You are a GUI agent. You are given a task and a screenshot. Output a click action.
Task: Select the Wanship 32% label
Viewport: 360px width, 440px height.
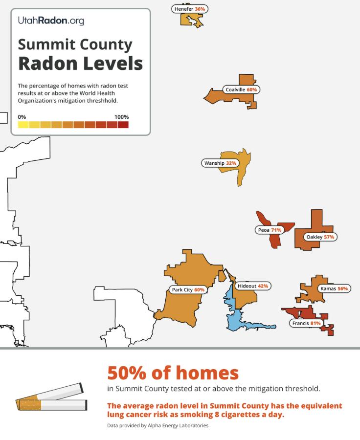tap(220, 163)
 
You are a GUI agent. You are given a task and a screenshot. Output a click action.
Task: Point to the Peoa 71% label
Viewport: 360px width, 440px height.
tap(269, 230)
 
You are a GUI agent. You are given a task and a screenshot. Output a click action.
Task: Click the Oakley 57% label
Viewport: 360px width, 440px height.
tap(320, 237)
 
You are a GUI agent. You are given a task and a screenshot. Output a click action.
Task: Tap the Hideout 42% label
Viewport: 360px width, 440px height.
tap(252, 286)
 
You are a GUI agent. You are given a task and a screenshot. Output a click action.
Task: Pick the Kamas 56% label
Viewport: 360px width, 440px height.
tap(334, 288)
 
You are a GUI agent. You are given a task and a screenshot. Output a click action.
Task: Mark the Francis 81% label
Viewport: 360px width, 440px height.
tap(306, 323)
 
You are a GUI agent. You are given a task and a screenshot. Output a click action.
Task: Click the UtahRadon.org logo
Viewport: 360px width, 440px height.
tap(51, 21)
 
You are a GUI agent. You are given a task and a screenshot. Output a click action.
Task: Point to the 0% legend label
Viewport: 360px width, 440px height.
tap(22, 117)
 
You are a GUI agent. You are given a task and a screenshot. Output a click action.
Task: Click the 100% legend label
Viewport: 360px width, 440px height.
tap(121, 117)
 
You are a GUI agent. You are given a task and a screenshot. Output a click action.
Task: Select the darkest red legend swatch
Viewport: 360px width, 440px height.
tap(123, 125)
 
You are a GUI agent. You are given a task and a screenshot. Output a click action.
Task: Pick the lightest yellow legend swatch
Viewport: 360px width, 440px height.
tap(23, 125)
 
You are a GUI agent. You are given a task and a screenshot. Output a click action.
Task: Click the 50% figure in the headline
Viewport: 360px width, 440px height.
tap(129, 373)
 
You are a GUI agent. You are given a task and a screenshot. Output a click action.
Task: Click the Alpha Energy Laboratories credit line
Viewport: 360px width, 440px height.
tap(157, 425)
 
